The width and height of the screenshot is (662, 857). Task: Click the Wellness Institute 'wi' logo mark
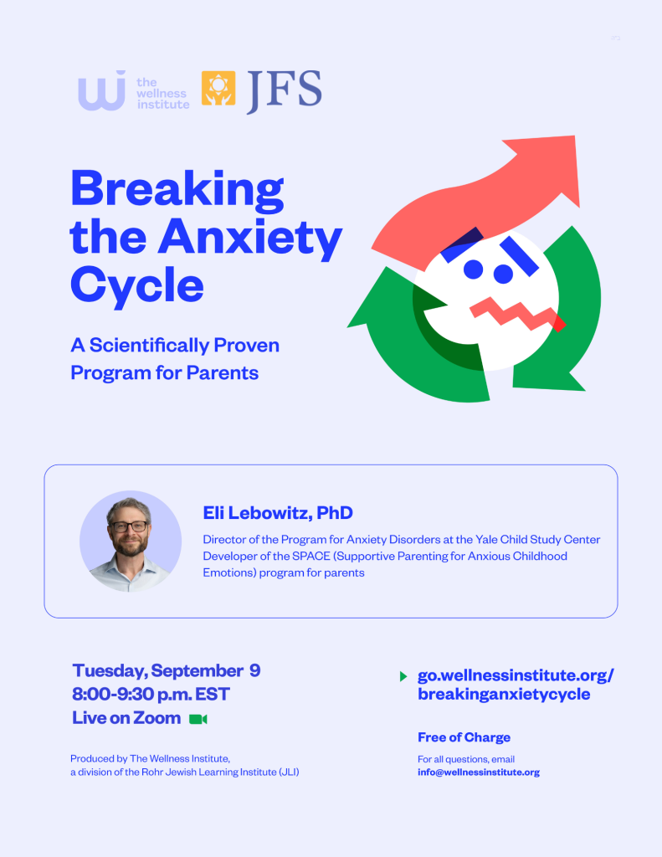(101, 90)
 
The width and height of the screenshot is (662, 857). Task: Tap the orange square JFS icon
(218, 88)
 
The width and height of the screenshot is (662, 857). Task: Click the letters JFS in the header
(284, 90)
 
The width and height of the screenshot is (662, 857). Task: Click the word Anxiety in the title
(250, 238)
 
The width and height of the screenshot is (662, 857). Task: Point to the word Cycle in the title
(137, 285)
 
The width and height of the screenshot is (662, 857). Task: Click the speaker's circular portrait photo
(131, 541)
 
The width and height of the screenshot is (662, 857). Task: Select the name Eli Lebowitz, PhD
(278, 513)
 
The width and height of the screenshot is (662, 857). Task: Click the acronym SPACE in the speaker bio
(311, 556)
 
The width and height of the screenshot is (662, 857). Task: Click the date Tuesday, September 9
(167, 670)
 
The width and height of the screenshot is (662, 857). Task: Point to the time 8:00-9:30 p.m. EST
(151, 694)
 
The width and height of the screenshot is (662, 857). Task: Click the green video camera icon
(198, 719)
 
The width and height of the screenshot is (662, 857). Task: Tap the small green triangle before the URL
(403, 676)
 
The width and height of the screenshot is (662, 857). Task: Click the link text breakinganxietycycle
(504, 694)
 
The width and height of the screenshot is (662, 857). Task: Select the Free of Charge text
(464, 737)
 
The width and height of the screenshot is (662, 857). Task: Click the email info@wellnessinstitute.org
(479, 772)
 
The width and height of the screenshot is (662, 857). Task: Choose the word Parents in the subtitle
(223, 372)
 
